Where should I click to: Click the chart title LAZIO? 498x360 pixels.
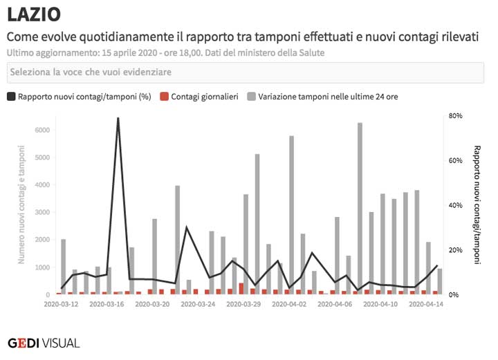(x=33, y=14)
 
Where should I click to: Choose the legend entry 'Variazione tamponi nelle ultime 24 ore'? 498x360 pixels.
(x=328, y=97)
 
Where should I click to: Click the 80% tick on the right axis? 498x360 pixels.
(x=454, y=116)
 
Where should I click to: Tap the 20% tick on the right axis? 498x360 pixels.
(x=454, y=250)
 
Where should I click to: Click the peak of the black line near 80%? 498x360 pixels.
(x=118, y=118)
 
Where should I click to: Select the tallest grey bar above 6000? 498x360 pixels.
(x=360, y=207)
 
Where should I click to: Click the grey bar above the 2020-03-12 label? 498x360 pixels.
(x=64, y=267)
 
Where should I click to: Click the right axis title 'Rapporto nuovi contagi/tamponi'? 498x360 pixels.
(x=477, y=205)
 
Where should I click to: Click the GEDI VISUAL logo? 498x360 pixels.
(x=43, y=343)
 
